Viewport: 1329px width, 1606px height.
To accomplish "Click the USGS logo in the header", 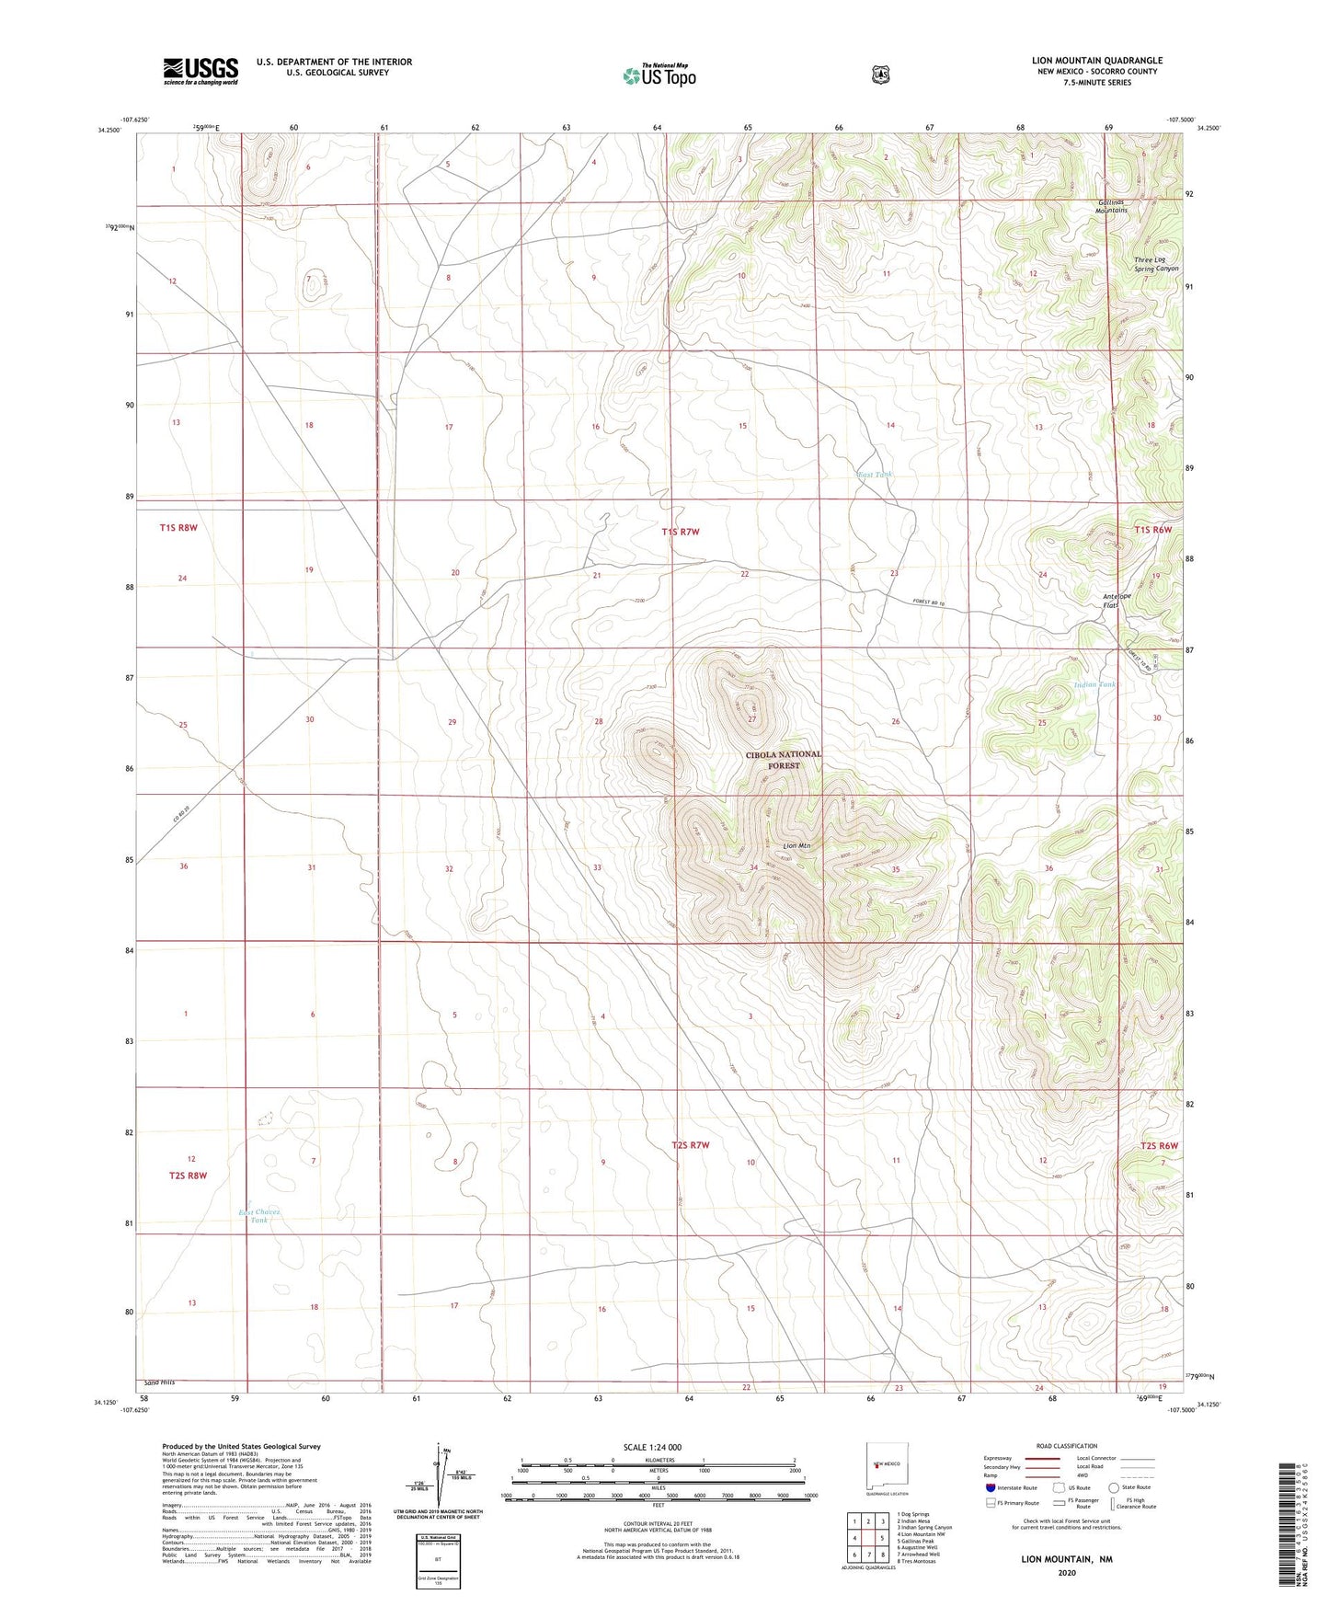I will click(200, 71).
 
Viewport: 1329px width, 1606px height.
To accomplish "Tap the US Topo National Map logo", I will click(659, 75).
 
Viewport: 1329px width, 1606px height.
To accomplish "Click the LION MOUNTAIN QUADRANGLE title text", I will click(1096, 61).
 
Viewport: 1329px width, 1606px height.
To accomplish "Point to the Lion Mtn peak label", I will click(796, 845).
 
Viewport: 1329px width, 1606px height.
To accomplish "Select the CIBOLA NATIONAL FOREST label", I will click(784, 760).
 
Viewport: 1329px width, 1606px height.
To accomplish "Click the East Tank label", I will click(874, 475).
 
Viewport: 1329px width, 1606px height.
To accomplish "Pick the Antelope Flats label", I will click(1116, 601).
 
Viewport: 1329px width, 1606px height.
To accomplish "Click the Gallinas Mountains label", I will click(1111, 206).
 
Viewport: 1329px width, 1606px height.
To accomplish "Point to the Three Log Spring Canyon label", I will click(1155, 264).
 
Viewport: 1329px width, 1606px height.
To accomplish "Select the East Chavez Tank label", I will click(259, 1216).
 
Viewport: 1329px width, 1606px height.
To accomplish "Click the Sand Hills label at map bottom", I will click(159, 1382).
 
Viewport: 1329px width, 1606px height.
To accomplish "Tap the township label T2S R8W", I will click(188, 1176).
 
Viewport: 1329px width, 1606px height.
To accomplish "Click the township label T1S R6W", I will click(1152, 530).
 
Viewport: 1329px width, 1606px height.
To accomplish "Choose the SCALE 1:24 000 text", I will click(652, 1447).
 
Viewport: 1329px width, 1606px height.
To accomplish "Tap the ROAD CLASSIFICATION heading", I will click(1066, 1446).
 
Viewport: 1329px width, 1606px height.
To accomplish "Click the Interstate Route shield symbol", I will click(990, 1487).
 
